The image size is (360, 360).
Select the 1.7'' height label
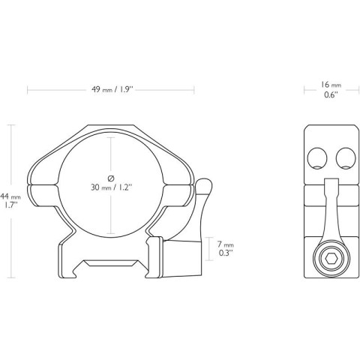click(x=10, y=205)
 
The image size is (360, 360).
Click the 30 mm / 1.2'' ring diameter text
click(x=111, y=187)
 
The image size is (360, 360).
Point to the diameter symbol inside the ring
click(x=111, y=177)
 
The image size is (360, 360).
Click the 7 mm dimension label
click(x=225, y=245)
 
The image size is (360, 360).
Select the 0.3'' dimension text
click(x=225, y=254)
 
